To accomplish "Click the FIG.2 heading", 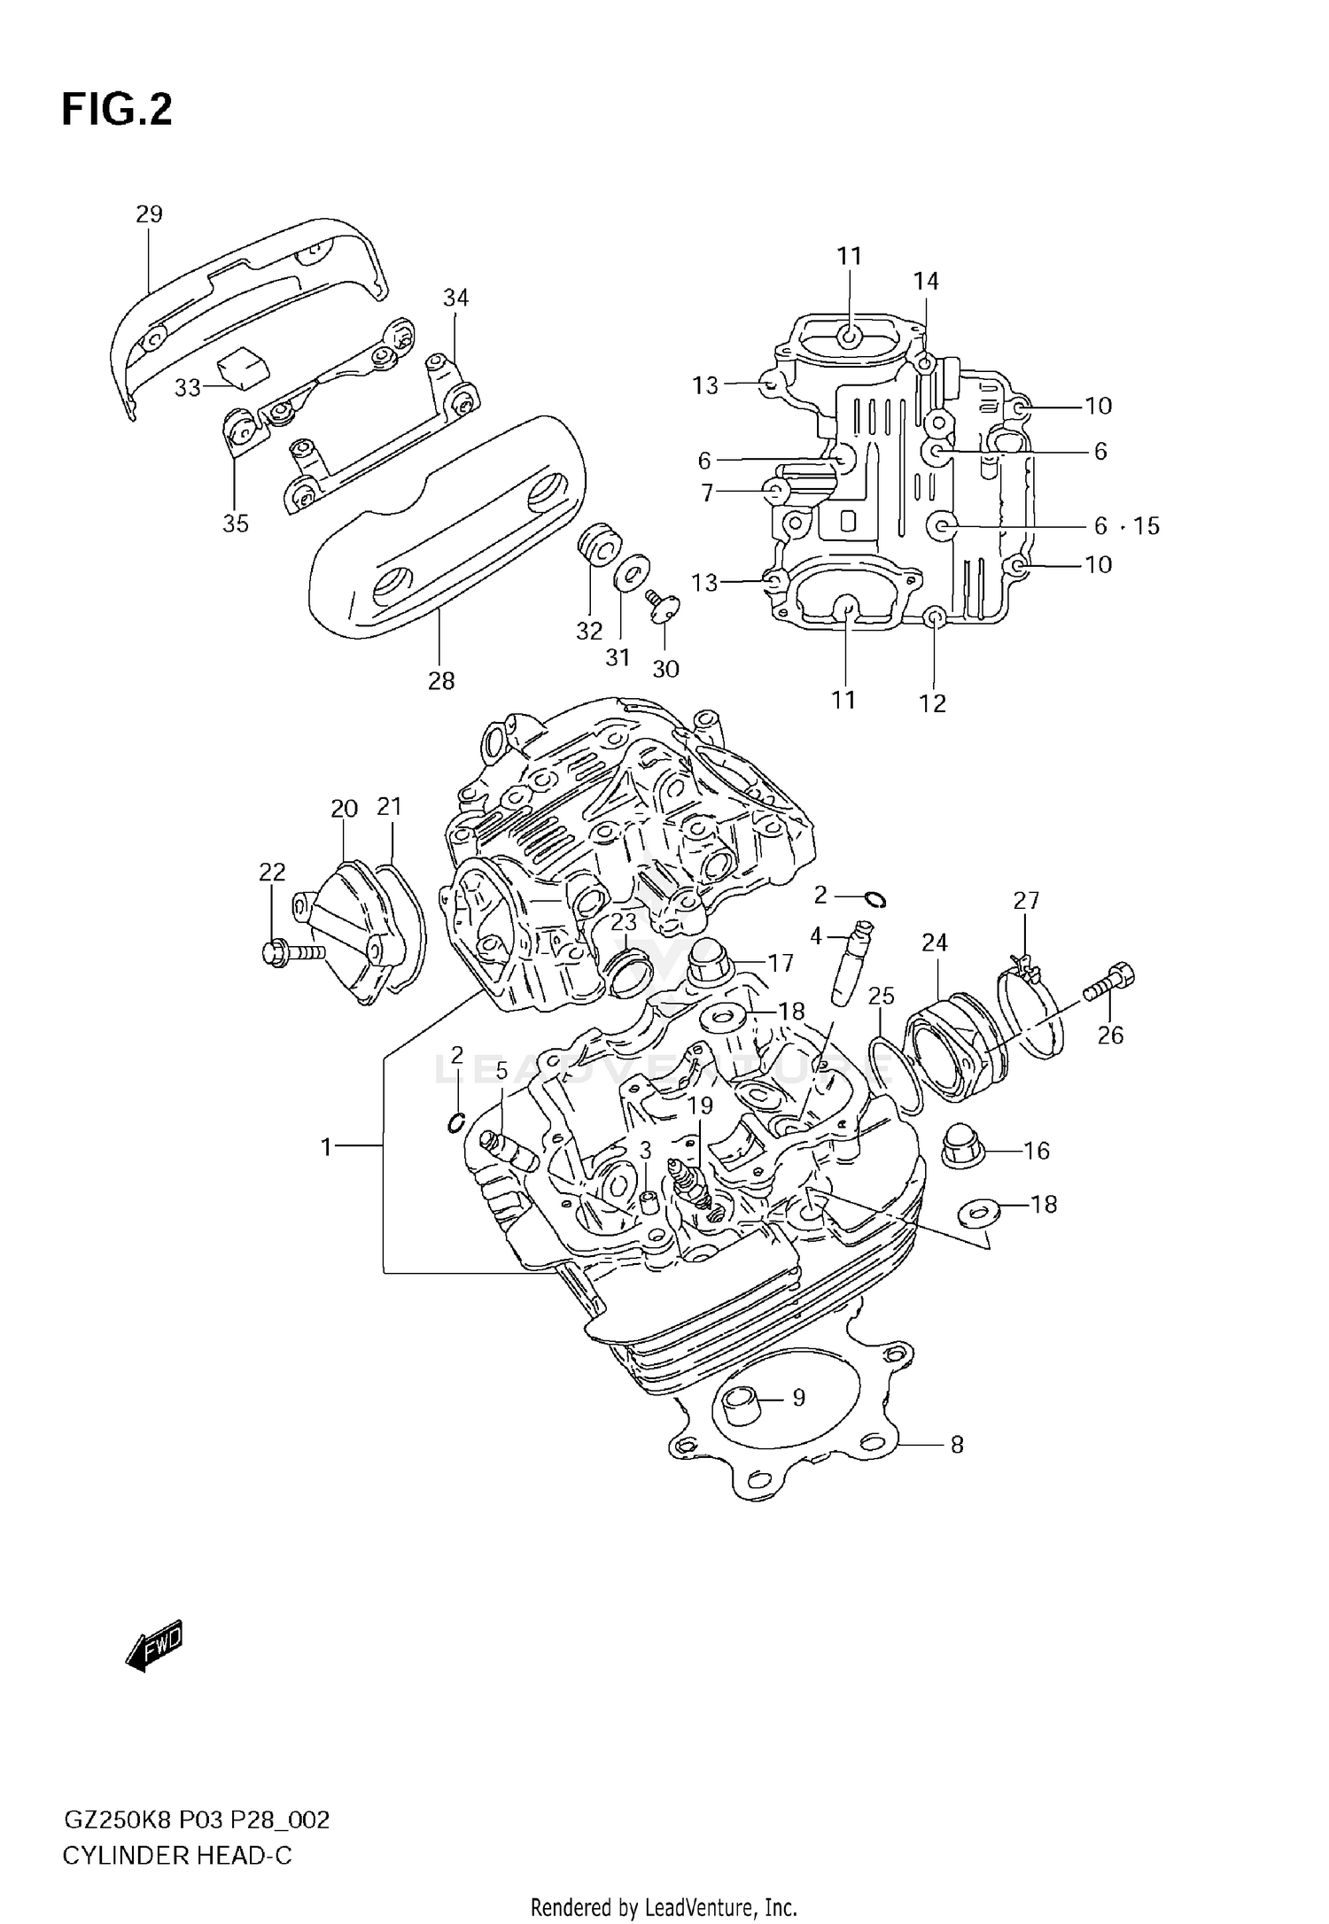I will point(117,111).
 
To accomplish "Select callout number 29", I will point(149,213).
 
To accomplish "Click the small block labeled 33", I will point(242,366).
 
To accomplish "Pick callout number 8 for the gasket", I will point(957,1445).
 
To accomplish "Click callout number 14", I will point(926,281).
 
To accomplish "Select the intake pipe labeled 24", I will point(944,1050).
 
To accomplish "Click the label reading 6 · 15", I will point(1126,525).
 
